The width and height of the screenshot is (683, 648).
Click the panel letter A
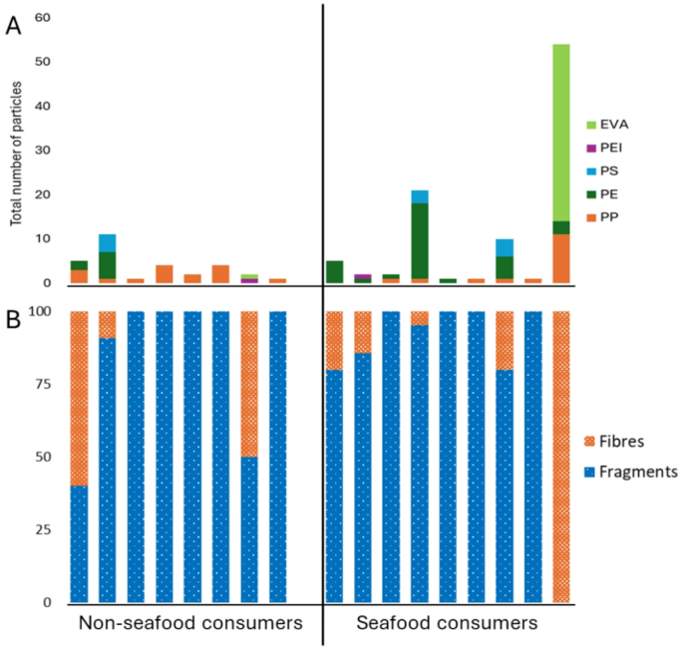[x=14, y=27]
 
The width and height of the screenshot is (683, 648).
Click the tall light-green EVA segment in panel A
[x=561, y=132]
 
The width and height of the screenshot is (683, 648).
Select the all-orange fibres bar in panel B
[x=561, y=457]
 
